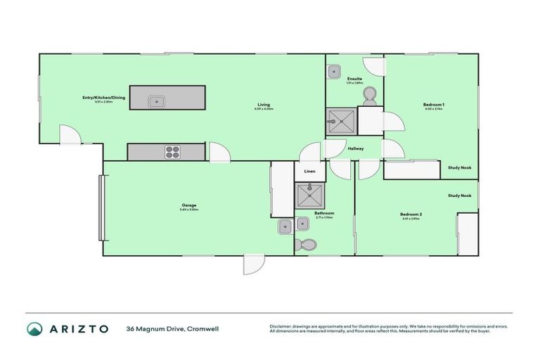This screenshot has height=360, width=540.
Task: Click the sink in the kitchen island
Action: [x=156, y=101]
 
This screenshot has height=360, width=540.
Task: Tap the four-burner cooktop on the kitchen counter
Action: [x=173, y=150]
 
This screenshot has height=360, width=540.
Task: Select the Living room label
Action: [x=262, y=105]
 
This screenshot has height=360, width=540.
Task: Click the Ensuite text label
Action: [x=354, y=78]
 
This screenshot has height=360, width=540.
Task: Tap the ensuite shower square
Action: [x=341, y=122]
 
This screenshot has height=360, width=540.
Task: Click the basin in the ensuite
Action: [x=334, y=72]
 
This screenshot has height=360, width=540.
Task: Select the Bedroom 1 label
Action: [x=434, y=105]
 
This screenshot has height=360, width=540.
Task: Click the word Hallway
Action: [x=356, y=148]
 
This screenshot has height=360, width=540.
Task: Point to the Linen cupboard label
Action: [x=309, y=171]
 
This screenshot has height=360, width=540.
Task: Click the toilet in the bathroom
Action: [x=307, y=245]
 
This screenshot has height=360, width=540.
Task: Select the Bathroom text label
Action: [x=324, y=213]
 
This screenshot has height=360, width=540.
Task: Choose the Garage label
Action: [x=189, y=205]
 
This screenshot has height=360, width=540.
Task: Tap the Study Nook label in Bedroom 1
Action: [x=460, y=167]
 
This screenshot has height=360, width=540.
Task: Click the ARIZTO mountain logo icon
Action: [x=34, y=329]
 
